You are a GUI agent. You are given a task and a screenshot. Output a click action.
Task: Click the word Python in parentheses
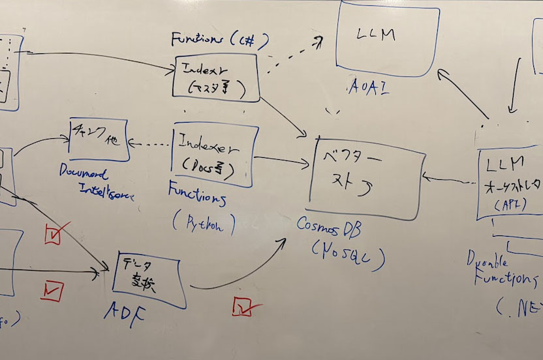[204, 225]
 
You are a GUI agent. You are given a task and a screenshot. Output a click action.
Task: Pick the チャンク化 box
[97, 138]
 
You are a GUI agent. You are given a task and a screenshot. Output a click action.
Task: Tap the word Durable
[488, 261]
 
